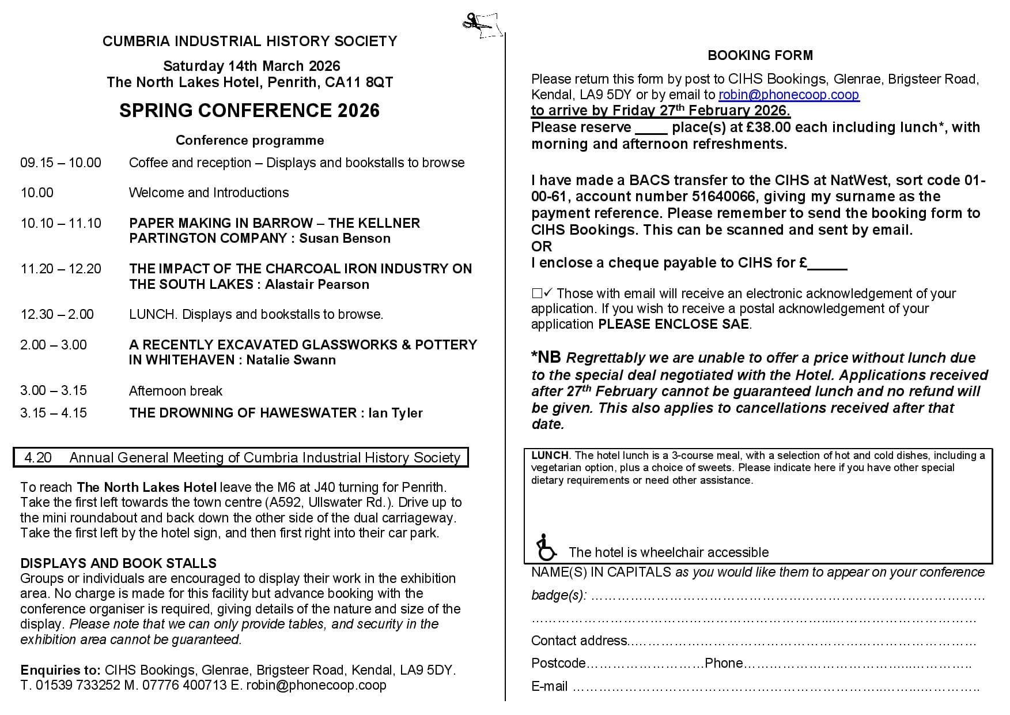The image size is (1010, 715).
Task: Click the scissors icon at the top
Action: tap(480, 25)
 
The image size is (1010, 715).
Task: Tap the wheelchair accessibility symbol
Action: tap(545, 547)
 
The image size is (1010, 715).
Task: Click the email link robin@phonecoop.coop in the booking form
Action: tap(789, 95)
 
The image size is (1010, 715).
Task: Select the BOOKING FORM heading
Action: tap(760, 55)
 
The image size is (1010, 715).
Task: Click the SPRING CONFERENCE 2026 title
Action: tap(249, 111)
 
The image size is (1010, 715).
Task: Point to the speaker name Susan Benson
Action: tap(345, 239)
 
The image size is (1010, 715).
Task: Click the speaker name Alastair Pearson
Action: tap(317, 284)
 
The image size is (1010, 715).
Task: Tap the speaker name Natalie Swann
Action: tap(291, 360)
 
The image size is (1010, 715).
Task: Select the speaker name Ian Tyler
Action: tap(395, 413)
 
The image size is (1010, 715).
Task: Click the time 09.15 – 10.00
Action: tap(60, 163)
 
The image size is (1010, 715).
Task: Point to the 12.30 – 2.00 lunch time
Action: tap(57, 314)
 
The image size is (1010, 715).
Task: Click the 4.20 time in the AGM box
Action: tap(38, 458)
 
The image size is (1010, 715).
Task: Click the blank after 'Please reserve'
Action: tap(650, 128)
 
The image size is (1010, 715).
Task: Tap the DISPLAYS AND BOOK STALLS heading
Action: tap(118, 563)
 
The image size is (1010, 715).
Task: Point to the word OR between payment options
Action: tap(542, 246)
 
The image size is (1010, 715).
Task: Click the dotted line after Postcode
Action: tap(645, 664)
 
